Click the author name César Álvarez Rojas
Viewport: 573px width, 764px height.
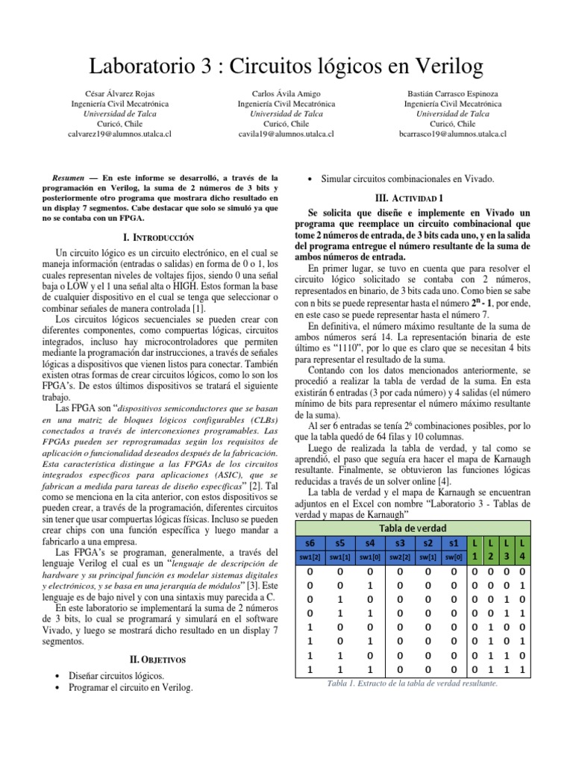tap(125, 94)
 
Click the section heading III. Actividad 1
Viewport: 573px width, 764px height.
tap(413, 198)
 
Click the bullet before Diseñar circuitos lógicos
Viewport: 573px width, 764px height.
tap(59, 675)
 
